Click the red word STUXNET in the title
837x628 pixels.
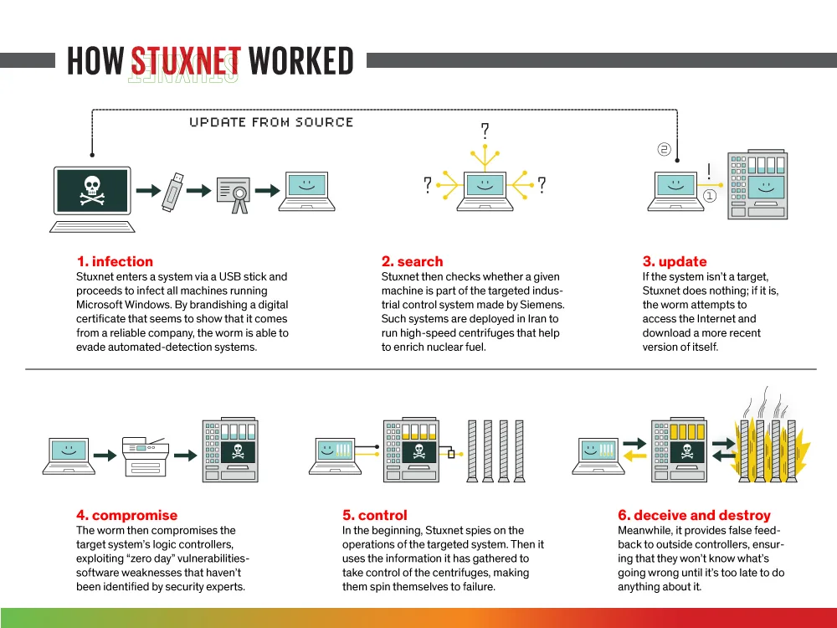click(x=186, y=61)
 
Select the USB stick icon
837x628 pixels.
click(x=171, y=191)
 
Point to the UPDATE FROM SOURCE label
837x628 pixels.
click(x=271, y=122)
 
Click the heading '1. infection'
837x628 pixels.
click(x=115, y=261)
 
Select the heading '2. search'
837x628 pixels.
click(x=412, y=261)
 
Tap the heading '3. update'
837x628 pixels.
click(x=675, y=261)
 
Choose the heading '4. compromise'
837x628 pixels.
click(x=126, y=515)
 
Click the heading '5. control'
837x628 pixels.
click(x=374, y=515)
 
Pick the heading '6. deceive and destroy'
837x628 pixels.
click(x=694, y=515)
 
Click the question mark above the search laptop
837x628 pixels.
click(x=484, y=131)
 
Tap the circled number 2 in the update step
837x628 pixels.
click(x=664, y=149)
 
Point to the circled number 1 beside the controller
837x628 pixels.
click(x=710, y=195)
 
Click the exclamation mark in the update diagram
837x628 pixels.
click(x=709, y=172)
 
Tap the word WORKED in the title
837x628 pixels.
click(x=301, y=61)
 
